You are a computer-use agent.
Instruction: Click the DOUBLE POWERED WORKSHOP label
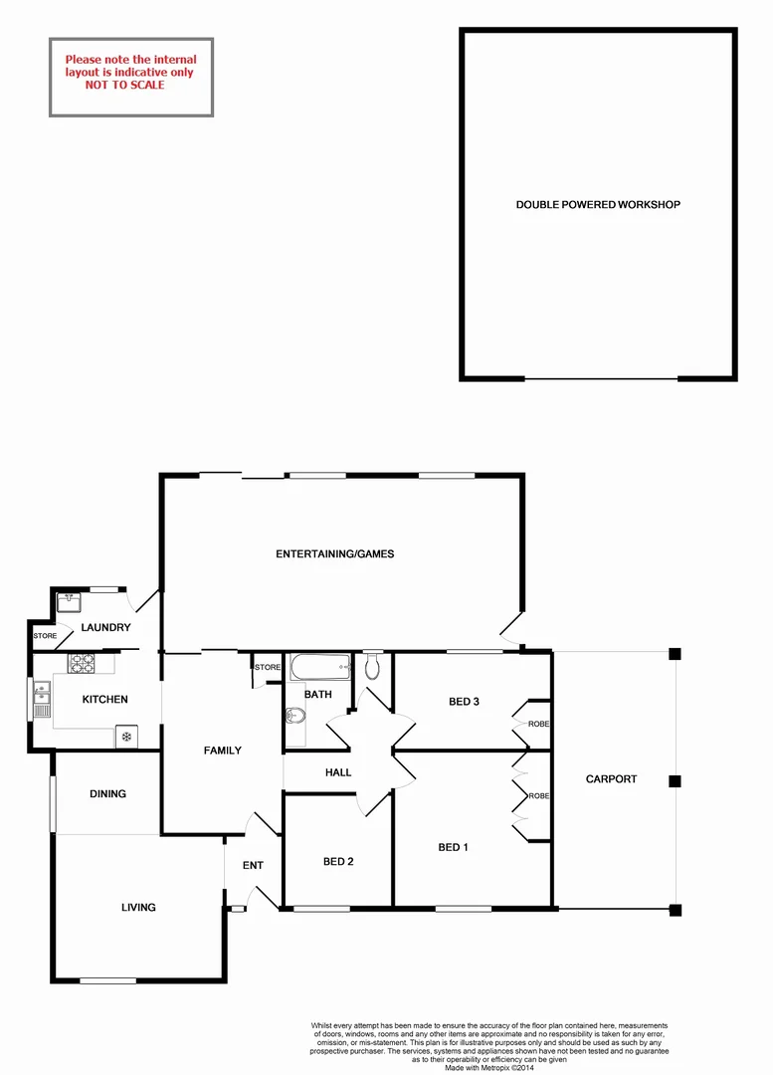pos(597,205)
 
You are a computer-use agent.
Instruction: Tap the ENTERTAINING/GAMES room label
pos(335,554)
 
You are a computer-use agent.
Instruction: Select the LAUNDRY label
pos(106,628)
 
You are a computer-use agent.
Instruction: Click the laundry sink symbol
pos(69,601)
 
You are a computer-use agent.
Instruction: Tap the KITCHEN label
pos(104,700)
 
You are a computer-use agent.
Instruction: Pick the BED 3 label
pos(465,702)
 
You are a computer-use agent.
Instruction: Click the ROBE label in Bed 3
pos(538,724)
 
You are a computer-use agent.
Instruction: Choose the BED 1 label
pos(453,848)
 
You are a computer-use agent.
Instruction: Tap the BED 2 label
pos(338,862)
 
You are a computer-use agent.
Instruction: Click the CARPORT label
pos(611,779)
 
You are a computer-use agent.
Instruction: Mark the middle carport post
pos(676,781)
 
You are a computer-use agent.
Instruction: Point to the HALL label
pos(338,772)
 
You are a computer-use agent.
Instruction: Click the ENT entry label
pos(253,866)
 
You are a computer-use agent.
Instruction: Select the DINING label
pos(107,794)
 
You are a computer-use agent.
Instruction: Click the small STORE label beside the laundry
pos(45,635)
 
